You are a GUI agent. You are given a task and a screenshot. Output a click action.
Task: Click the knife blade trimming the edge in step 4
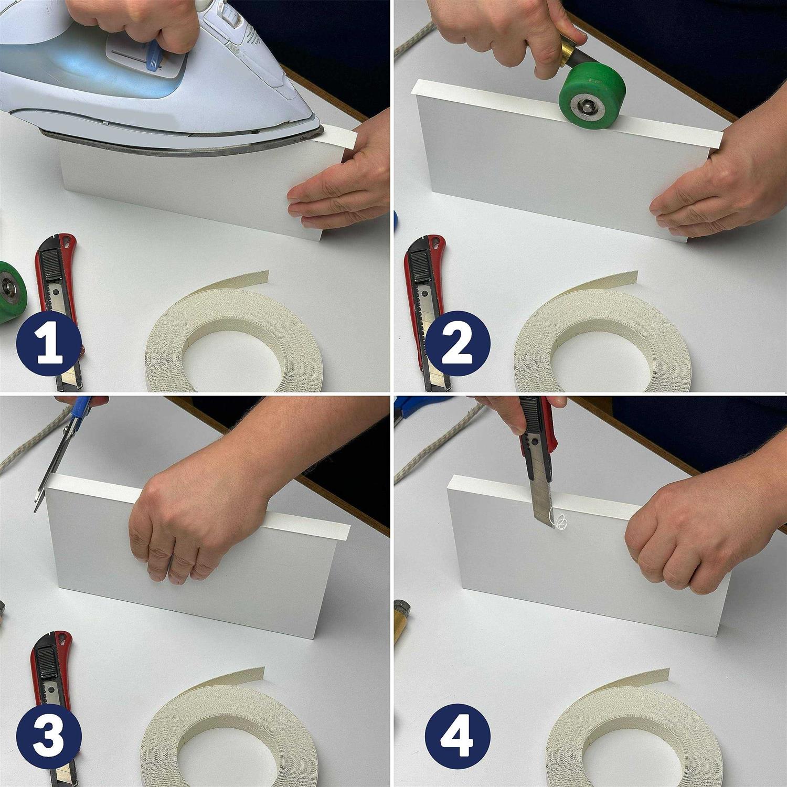coord(540,501)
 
